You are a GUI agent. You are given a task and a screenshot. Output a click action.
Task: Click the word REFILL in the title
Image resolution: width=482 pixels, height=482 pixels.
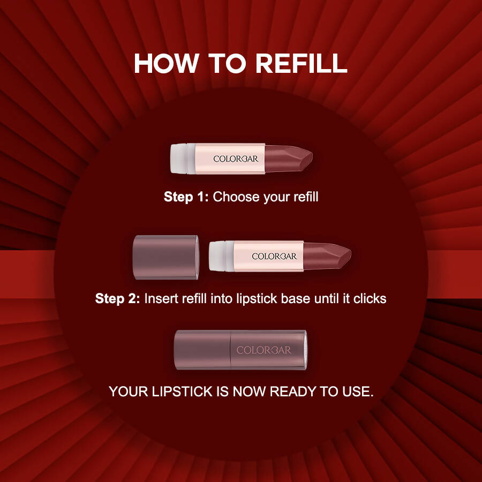301,63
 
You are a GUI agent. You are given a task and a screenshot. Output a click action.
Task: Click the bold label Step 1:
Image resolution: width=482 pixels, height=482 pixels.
186,197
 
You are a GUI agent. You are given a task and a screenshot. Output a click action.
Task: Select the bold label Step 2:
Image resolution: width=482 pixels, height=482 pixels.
117,298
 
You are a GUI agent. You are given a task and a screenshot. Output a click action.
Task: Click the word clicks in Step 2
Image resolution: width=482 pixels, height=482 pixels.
370,298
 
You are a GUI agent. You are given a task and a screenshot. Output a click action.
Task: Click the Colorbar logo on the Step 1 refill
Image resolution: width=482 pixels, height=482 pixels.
236,159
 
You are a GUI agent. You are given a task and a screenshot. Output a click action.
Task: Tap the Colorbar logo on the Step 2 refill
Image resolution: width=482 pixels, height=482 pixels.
274,257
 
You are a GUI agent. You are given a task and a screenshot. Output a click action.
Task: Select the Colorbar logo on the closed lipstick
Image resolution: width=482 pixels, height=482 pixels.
263,350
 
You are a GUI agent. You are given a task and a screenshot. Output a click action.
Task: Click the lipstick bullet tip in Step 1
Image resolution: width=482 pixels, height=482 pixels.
288,159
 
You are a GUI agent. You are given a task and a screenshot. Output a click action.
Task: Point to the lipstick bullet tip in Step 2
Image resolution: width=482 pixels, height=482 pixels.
327,256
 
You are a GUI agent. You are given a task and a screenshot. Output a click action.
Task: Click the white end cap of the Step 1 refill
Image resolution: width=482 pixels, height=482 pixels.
183,159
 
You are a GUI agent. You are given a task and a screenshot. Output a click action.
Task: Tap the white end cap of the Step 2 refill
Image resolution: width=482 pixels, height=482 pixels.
221,256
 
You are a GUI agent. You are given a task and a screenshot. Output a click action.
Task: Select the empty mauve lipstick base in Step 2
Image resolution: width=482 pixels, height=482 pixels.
165,257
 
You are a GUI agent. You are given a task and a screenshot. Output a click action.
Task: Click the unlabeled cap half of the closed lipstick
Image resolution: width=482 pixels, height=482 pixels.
202,350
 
